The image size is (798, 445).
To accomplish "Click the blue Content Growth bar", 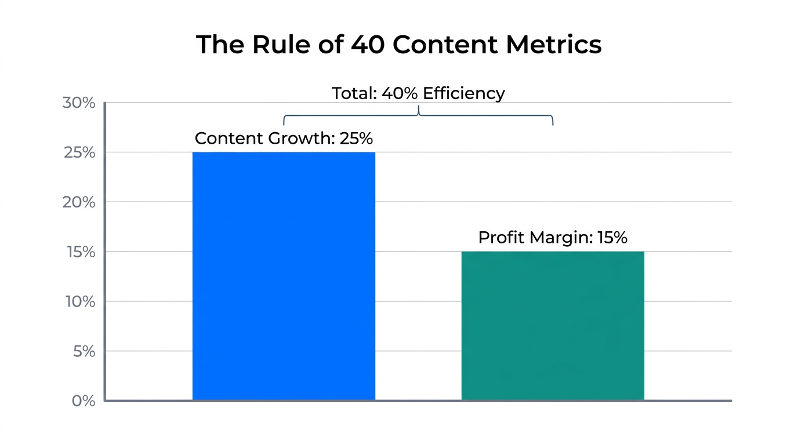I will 284,276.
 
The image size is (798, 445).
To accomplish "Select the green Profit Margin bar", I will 553,326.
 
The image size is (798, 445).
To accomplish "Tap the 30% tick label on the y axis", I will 78,103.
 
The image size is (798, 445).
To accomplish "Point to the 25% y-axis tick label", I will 78,153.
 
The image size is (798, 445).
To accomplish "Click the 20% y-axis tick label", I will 78,202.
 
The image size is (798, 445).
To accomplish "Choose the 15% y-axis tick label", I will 78,252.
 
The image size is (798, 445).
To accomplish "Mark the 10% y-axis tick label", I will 78,302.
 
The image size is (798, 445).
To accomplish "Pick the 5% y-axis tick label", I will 83,351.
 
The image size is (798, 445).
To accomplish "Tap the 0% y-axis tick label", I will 83,401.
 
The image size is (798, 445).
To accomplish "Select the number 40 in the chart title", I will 368,45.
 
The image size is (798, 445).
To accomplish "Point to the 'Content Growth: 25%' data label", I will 284,138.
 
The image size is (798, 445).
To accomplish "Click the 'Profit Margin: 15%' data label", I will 553,238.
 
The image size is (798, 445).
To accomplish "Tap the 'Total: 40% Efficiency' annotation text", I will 418,93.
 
